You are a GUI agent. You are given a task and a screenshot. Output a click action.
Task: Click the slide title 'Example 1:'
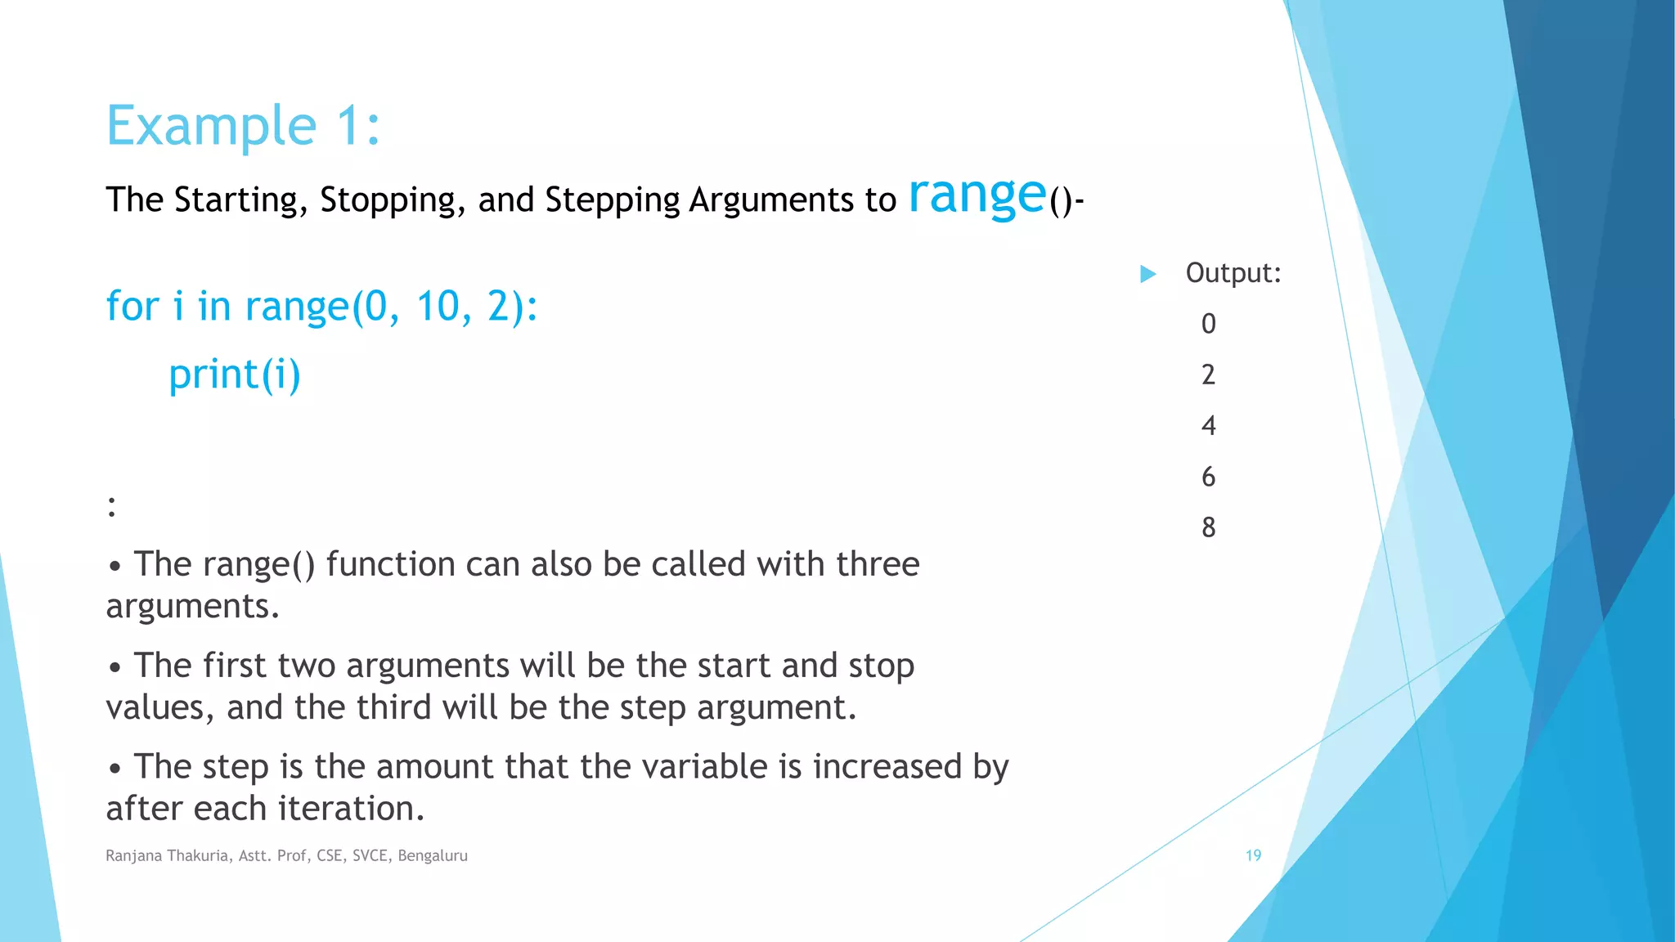point(243,126)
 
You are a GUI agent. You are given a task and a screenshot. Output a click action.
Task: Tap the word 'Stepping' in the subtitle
point(612,200)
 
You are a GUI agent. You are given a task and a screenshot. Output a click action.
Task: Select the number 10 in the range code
point(438,307)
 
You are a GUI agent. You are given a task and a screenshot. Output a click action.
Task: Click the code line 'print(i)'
point(235,375)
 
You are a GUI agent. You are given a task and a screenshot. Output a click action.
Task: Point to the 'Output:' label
point(1233,273)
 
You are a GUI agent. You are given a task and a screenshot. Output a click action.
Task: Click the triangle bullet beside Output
point(1148,274)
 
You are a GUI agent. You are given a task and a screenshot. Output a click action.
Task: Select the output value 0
point(1208,324)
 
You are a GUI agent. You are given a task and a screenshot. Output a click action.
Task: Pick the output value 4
point(1208,425)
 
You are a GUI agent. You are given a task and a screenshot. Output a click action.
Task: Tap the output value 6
point(1208,477)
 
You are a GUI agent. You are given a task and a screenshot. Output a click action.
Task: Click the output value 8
point(1208,527)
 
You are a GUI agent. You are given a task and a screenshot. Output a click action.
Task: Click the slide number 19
point(1253,855)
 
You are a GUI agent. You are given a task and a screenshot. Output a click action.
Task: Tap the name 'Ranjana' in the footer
point(133,856)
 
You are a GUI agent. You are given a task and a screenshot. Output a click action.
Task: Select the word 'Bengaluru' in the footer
point(433,856)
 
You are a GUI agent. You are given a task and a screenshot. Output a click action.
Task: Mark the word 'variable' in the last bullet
point(704,767)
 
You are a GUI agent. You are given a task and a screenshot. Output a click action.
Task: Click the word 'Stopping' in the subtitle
point(387,200)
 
